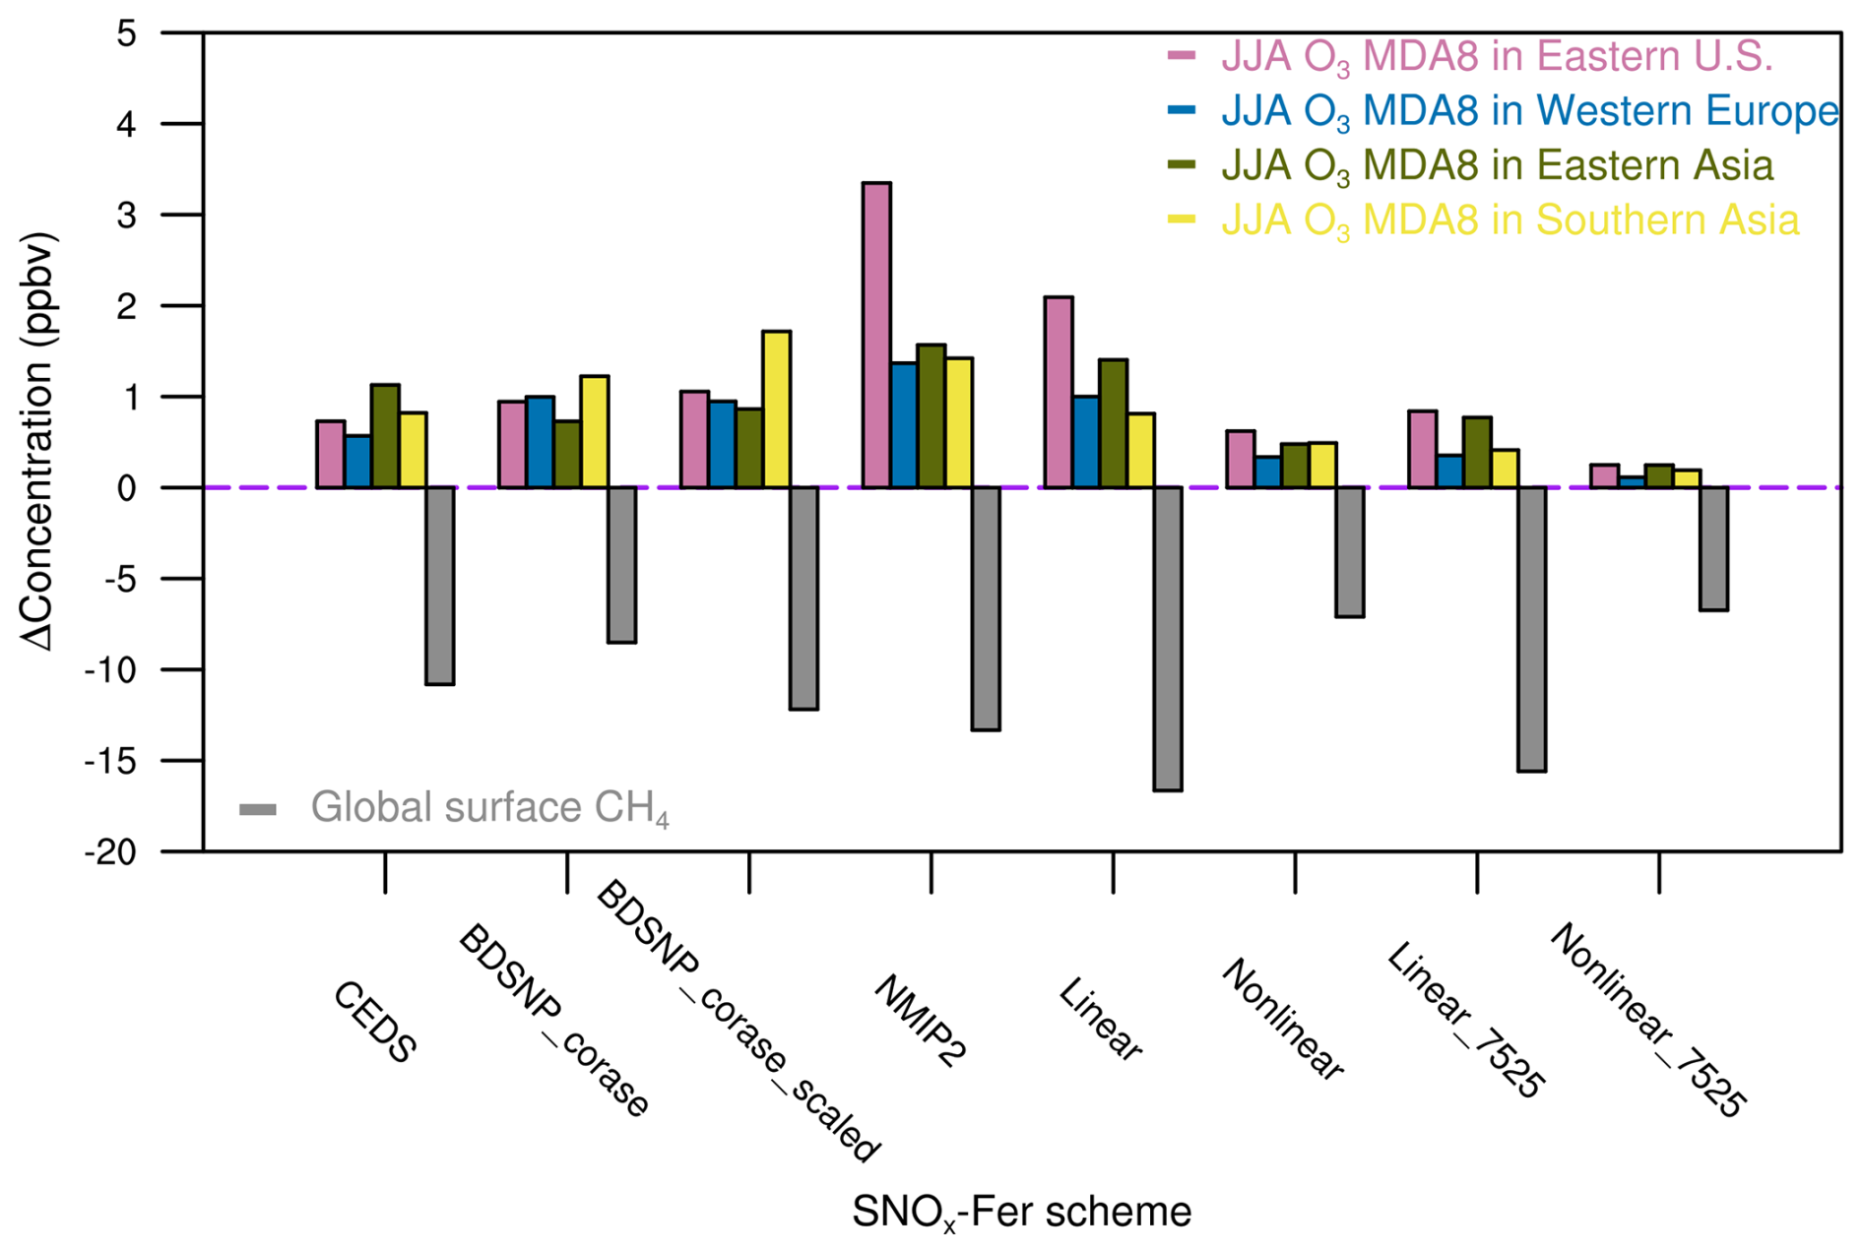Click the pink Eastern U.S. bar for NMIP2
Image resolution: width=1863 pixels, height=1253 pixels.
[x=876, y=335]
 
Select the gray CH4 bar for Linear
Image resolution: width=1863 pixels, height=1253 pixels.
[x=1168, y=639]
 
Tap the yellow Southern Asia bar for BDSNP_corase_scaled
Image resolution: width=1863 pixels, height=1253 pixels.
[x=776, y=409]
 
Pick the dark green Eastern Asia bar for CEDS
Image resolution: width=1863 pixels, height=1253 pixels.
[x=385, y=436]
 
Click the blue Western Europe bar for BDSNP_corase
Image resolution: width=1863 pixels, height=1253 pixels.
[x=540, y=442]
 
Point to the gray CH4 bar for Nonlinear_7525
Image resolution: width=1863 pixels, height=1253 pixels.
[x=1713, y=548]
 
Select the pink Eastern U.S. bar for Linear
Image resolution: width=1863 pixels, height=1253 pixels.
[x=1059, y=392]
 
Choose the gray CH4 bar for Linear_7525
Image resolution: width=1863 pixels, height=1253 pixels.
[x=1531, y=629]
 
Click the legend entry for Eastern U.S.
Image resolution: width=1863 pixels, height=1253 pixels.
[x=1496, y=56]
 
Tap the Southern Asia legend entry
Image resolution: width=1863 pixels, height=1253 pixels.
[x=1509, y=219]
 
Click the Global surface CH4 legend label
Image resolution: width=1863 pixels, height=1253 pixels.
[x=489, y=808]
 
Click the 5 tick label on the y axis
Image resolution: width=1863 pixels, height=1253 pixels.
[x=126, y=33]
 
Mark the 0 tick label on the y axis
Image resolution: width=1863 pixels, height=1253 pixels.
[x=126, y=488]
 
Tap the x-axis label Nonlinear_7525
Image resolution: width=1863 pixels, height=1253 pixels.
[x=1646, y=1020]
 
